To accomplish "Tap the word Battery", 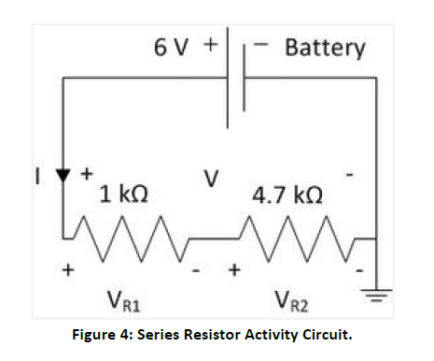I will pos(324,46).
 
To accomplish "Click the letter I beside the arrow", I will pos(37,175).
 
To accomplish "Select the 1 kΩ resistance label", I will pos(123,196).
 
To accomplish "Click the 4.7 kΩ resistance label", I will pos(288,196).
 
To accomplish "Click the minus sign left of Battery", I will pos(264,45).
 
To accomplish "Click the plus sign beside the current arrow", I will pos(88,173).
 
